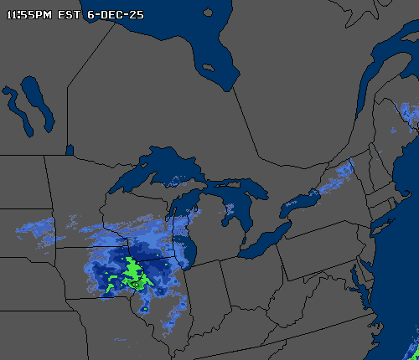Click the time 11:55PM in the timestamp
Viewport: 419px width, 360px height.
click(x=28, y=14)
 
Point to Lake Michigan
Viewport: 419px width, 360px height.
click(x=186, y=239)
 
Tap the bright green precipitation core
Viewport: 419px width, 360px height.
click(x=132, y=271)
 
